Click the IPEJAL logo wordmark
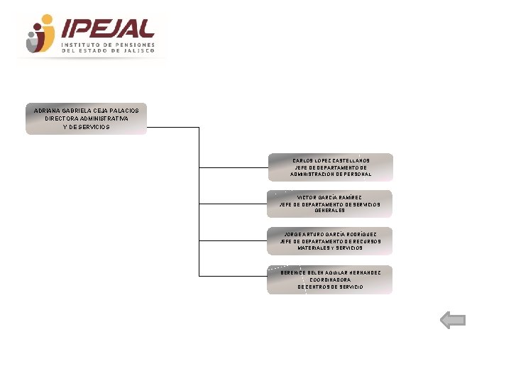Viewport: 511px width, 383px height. [108, 28]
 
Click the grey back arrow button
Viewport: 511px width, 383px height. [453, 321]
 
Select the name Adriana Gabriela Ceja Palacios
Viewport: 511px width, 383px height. [87, 111]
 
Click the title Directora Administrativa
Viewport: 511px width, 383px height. [87, 118]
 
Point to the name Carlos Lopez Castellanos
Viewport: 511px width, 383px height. [331, 160]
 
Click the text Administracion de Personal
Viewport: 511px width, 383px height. [331, 174]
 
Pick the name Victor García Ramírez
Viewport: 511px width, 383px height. [329, 197]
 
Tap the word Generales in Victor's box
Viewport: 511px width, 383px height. [330, 211]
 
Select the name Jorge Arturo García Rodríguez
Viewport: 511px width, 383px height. [330, 234]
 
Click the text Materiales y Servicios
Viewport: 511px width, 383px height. [330, 248]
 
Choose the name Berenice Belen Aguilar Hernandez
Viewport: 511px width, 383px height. [330, 272]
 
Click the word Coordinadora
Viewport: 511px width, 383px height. [330, 279]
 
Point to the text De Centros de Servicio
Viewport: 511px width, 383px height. [330, 287]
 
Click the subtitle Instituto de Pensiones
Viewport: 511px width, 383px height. [112, 44]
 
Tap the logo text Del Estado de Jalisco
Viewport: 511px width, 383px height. [112, 51]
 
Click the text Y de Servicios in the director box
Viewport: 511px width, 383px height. [87, 126]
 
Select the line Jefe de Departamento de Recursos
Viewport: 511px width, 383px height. [330, 241]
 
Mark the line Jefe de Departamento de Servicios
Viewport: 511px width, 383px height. [330, 204]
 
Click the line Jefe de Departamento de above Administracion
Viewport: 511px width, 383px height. [331, 167]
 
